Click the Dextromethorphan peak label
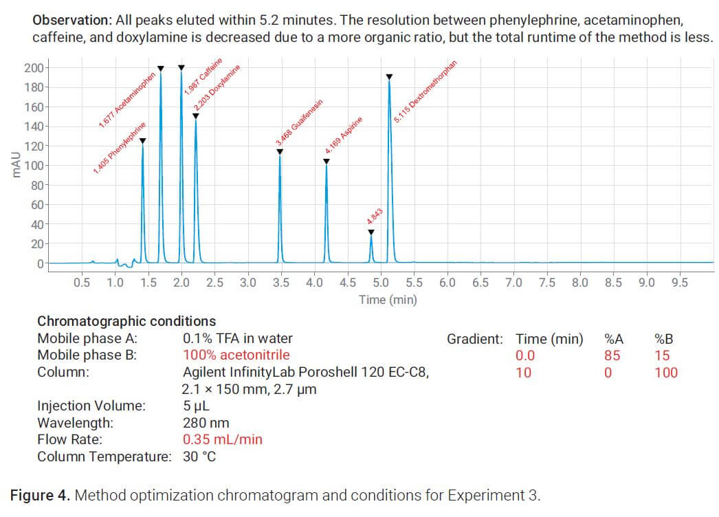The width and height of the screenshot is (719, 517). [x=425, y=92]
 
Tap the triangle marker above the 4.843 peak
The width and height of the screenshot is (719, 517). [x=371, y=232]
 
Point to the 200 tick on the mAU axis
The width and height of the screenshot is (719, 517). [x=33, y=67]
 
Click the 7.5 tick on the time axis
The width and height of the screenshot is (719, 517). [x=547, y=283]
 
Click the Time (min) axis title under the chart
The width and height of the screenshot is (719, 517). [x=388, y=300]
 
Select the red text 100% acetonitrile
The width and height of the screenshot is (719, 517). [x=236, y=355]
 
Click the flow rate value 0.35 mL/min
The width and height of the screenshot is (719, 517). [x=222, y=439]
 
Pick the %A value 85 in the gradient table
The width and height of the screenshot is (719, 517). [x=612, y=355]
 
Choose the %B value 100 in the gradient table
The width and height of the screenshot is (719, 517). [x=665, y=373]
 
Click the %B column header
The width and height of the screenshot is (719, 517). [x=665, y=338]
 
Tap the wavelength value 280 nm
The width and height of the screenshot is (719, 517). [x=206, y=423]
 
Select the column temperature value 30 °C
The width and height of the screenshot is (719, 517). [x=199, y=456]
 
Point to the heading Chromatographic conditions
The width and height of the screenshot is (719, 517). [x=126, y=321]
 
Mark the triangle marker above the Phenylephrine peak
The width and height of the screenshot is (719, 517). [x=142, y=141]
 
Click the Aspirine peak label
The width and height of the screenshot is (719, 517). [x=343, y=135]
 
